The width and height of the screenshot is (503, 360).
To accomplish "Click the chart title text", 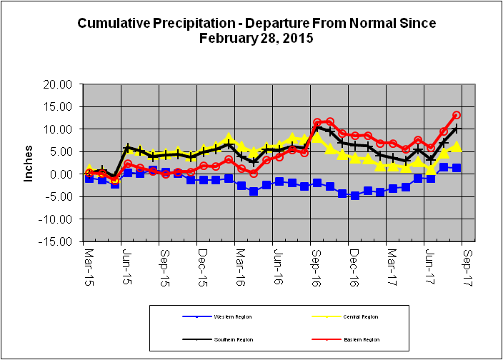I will pos(256,31).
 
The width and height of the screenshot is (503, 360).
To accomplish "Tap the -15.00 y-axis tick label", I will pos(57,242).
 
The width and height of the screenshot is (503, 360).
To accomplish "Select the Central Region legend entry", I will pos(360,316).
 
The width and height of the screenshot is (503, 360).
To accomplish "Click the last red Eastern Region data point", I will pos(457,115).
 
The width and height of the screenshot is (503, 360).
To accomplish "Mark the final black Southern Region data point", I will pos(457,129).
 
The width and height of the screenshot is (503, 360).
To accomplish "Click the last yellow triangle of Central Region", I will pos(457,147).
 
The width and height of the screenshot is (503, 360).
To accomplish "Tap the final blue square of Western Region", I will pos(457,168).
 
